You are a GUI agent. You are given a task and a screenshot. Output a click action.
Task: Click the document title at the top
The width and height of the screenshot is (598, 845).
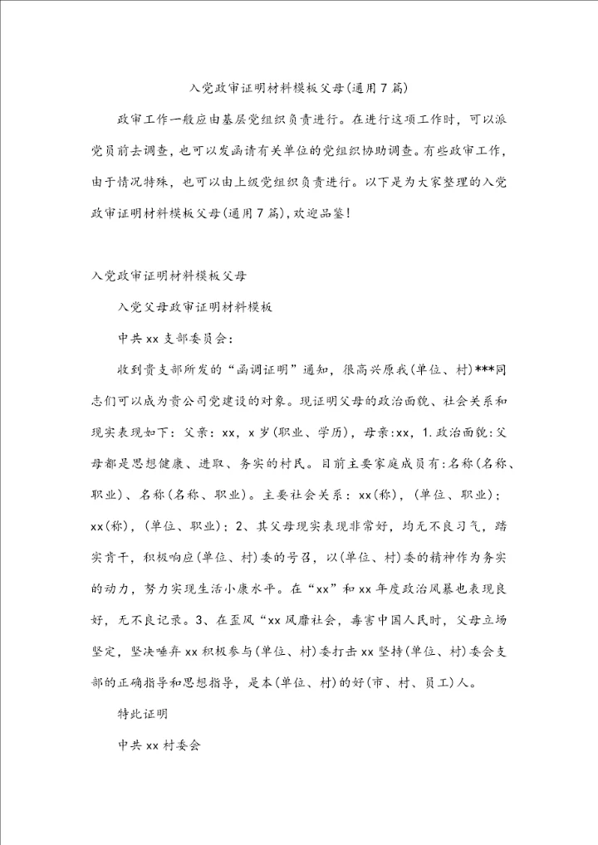point(298,85)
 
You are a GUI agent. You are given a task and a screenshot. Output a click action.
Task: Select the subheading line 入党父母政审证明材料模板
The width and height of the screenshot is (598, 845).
point(196,306)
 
